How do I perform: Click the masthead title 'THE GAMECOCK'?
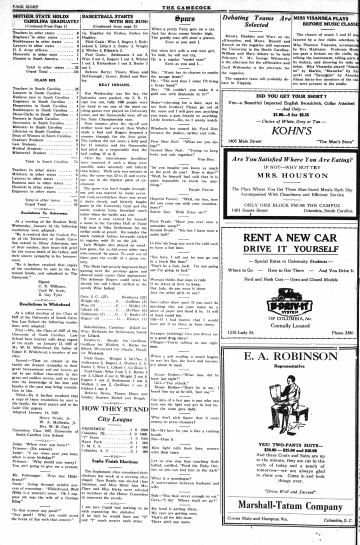point(180,5)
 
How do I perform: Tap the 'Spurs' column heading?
point(179,17)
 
